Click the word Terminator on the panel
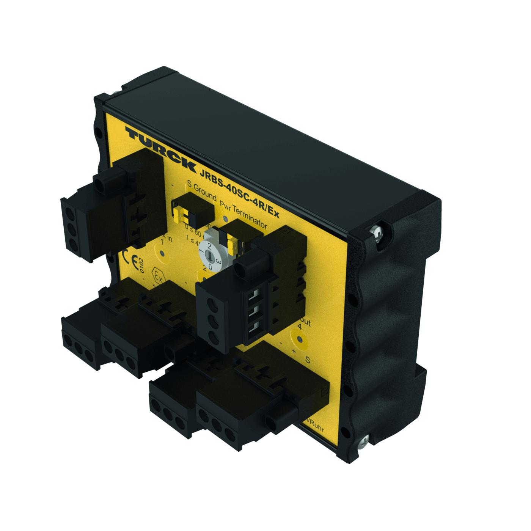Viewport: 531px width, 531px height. point(250,216)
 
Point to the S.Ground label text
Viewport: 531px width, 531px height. point(202,192)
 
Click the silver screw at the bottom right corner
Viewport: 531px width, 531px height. point(363,441)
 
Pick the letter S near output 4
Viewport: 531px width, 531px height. point(308,360)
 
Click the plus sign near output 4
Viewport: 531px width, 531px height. point(294,351)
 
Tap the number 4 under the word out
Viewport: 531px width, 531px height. point(300,326)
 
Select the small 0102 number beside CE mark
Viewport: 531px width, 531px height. point(141,265)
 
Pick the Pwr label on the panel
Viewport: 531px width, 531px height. point(225,205)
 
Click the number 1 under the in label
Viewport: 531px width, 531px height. point(162,241)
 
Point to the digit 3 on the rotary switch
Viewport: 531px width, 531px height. point(218,261)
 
